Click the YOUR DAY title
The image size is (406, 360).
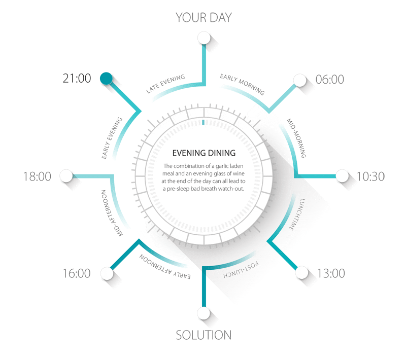point(204,17)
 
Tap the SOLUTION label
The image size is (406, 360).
point(204,335)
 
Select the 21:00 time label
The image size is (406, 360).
point(77,79)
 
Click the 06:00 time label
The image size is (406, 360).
point(330,79)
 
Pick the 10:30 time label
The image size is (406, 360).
point(370,176)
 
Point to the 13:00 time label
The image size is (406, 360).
point(331,273)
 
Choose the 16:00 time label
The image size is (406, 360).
point(77,273)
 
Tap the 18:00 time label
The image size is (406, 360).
point(37,176)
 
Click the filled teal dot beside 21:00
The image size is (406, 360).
point(106,79)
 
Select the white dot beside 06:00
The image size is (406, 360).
point(300,80)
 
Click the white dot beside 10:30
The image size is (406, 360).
point(343,176)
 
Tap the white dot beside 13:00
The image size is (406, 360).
point(302,273)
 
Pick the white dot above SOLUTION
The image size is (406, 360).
point(204,313)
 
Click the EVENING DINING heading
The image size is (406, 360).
point(204,153)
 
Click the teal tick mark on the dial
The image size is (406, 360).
point(204,122)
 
